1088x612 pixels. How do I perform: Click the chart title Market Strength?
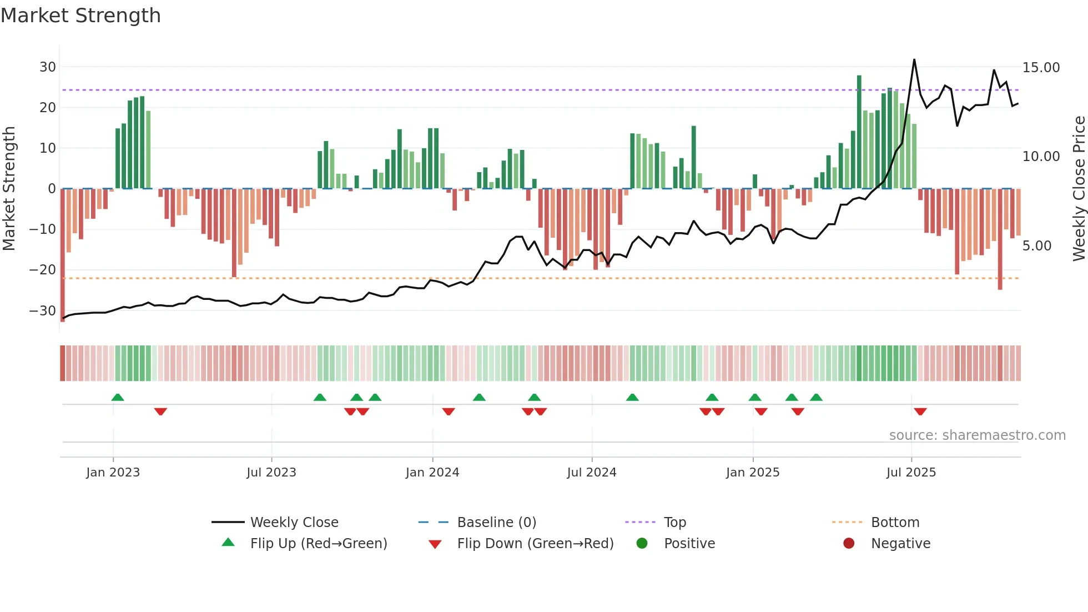pos(80,16)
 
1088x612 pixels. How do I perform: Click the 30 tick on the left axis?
pos(48,67)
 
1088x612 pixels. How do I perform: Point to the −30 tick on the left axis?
pos(43,310)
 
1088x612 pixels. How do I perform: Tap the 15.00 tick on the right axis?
pos(1041,68)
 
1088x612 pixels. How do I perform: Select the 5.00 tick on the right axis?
pos(1036,246)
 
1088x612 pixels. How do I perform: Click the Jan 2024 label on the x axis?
pos(432,473)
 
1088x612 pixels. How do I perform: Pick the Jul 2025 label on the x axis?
pos(911,473)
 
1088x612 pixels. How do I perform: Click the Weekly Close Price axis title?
pos(1079,189)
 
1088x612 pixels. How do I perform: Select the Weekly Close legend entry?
pos(294,523)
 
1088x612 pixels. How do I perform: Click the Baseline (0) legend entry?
pos(496,523)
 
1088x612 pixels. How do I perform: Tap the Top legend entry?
pos(674,523)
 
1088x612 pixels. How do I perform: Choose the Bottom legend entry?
pos(895,523)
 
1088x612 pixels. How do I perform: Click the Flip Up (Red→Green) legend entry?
pos(318,544)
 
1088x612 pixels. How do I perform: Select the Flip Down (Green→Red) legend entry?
pos(535,544)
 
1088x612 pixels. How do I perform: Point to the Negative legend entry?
pos(900,544)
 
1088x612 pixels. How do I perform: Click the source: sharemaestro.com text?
pos(977,435)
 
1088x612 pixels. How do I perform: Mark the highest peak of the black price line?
pos(914,59)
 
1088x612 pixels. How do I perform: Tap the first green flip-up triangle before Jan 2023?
pos(118,398)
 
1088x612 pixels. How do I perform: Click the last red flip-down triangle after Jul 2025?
pos(920,412)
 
